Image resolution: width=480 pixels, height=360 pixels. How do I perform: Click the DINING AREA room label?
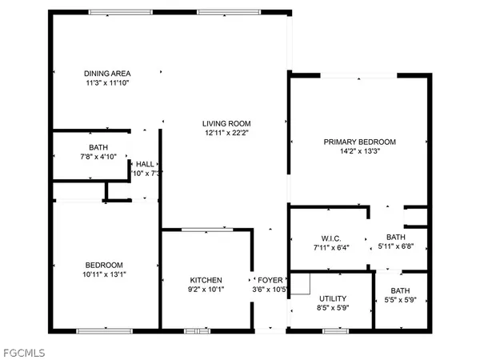pyautogui.click(x=107, y=74)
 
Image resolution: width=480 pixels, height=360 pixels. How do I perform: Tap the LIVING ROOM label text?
pyautogui.click(x=221, y=123)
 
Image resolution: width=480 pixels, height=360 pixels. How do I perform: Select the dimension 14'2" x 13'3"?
pyautogui.click(x=359, y=150)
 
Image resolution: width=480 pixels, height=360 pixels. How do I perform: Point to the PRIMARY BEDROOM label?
pyautogui.click(x=359, y=142)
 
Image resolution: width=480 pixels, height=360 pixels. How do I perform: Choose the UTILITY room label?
pyautogui.click(x=332, y=298)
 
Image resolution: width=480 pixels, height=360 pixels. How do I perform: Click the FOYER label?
pyautogui.click(x=268, y=280)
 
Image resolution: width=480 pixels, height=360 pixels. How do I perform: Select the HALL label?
pyautogui.click(x=145, y=164)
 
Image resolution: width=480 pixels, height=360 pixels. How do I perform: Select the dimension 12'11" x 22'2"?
pyautogui.click(x=221, y=132)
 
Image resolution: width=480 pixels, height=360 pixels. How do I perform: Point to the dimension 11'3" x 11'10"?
pyautogui.click(x=107, y=83)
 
